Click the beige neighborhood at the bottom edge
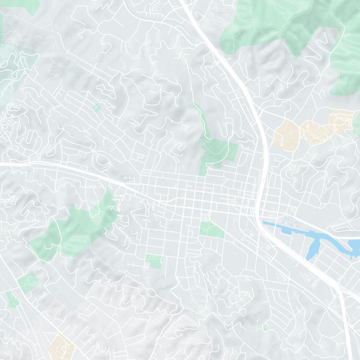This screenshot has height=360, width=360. (x=61, y=346)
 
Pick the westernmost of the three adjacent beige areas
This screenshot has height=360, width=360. (x=285, y=133)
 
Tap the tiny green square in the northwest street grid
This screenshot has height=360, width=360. (x=97, y=108)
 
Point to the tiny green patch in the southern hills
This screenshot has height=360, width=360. (x=265, y=328)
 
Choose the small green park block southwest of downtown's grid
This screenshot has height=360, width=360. (x=154, y=261)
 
